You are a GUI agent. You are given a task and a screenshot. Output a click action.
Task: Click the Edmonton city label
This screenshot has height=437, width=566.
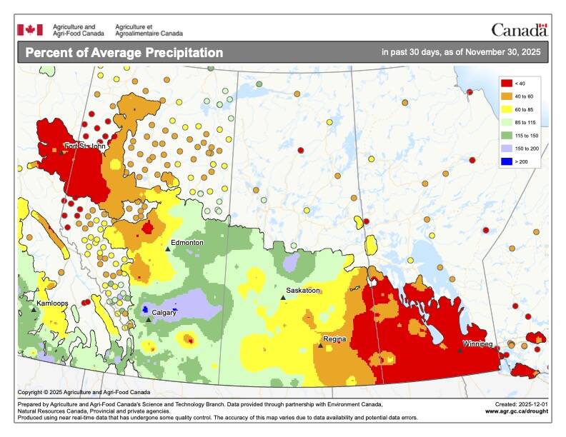[187, 243]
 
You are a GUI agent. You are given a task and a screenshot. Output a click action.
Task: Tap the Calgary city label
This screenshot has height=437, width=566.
[164, 313]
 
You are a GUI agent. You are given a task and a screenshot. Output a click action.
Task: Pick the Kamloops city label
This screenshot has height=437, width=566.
[52, 303]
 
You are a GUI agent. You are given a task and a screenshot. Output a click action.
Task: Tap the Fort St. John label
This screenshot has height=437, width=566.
[84, 146]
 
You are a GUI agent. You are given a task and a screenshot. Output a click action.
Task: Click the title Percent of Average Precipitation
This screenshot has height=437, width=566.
[124, 53]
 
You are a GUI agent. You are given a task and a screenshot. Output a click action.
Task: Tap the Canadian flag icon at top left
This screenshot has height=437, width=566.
[30, 29]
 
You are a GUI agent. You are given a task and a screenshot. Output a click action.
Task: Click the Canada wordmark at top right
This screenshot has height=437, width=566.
[519, 30]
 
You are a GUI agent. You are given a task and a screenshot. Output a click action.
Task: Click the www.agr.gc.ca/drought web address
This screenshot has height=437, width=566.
[517, 411]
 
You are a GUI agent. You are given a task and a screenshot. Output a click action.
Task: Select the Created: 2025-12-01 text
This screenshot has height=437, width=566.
[519, 404]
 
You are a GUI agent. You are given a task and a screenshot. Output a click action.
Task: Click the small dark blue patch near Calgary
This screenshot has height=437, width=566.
[144, 310]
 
